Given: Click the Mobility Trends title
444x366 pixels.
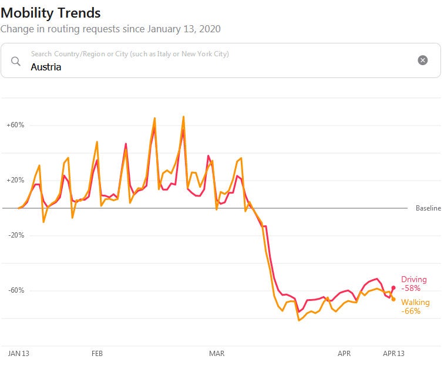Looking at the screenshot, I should pos(51,12).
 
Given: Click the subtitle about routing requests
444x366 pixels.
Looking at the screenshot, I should pos(110,28).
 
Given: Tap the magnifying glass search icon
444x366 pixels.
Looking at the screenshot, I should pos(16,60).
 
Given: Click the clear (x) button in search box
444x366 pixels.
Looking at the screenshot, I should pos(422,60).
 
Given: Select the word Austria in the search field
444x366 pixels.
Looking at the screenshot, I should pos(46,67).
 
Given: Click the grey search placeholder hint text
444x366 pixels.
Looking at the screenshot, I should pos(129,54).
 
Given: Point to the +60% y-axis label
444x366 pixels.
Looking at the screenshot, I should pos(15,125).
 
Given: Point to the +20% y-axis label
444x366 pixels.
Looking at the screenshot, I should pos(15,180).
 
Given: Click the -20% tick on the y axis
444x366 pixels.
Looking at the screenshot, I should pos(16,235).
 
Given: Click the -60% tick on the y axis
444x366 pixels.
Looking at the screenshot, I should pos(16,290).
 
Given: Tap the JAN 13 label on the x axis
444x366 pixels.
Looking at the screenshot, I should pos(19,354).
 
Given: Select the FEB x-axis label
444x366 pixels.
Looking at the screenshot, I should pos(97,354).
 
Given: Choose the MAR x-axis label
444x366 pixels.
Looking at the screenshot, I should pos(217,354).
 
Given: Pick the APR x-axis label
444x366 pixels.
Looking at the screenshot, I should pos(344,354).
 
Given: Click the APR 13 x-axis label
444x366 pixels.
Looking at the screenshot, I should pos(393,354).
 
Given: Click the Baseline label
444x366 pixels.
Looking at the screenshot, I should pos(428,208).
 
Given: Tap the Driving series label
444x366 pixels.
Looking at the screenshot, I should pos(413,280).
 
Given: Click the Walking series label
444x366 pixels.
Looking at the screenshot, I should pos(415,303).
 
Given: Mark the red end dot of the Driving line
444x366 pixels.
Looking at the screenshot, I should pos(393,287).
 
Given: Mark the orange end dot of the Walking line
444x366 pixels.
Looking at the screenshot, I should pos(393,299).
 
